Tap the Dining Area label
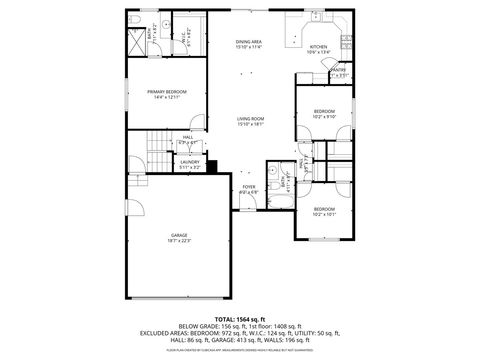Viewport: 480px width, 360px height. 249,43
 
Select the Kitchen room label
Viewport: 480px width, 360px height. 318,48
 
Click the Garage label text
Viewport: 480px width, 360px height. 178,238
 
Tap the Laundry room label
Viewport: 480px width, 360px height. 189,165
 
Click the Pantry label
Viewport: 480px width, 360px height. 338,71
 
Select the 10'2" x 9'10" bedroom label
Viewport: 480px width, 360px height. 324,113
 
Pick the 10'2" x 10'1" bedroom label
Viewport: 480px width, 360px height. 324,211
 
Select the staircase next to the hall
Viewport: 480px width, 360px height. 156,154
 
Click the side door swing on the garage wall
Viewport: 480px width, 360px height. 127,210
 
